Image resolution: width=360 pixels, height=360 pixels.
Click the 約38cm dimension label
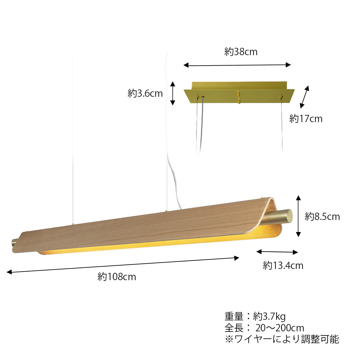tap(241, 52)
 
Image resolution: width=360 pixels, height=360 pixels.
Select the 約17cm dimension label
tap(306, 119)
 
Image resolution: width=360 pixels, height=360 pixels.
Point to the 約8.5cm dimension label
tap(322, 217)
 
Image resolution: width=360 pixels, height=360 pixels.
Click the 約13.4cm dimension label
tap(283, 265)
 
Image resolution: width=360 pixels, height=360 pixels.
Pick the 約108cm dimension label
tap(117, 277)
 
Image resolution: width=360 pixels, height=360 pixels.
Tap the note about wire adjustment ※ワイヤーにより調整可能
tap(282, 339)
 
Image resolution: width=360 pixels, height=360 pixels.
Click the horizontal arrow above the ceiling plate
tap(237, 65)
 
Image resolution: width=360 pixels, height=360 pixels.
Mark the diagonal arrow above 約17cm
tap(304, 97)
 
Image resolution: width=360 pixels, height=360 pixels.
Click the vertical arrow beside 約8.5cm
tap(298, 217)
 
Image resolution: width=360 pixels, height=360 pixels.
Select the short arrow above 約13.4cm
tap(277, 252)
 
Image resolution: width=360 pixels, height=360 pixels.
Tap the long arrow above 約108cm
tap(123, 265)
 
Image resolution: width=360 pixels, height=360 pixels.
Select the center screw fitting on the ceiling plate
tap(238, 97)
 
